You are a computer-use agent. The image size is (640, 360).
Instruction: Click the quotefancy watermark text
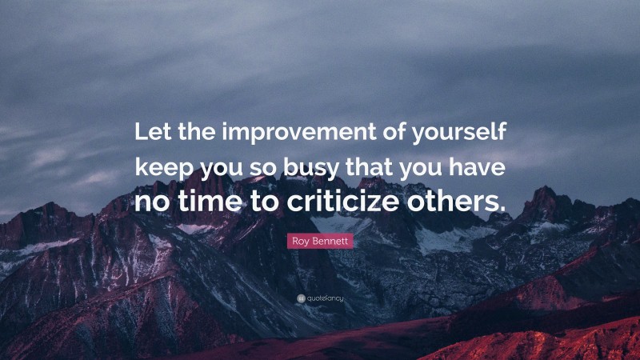pos(323,298)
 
